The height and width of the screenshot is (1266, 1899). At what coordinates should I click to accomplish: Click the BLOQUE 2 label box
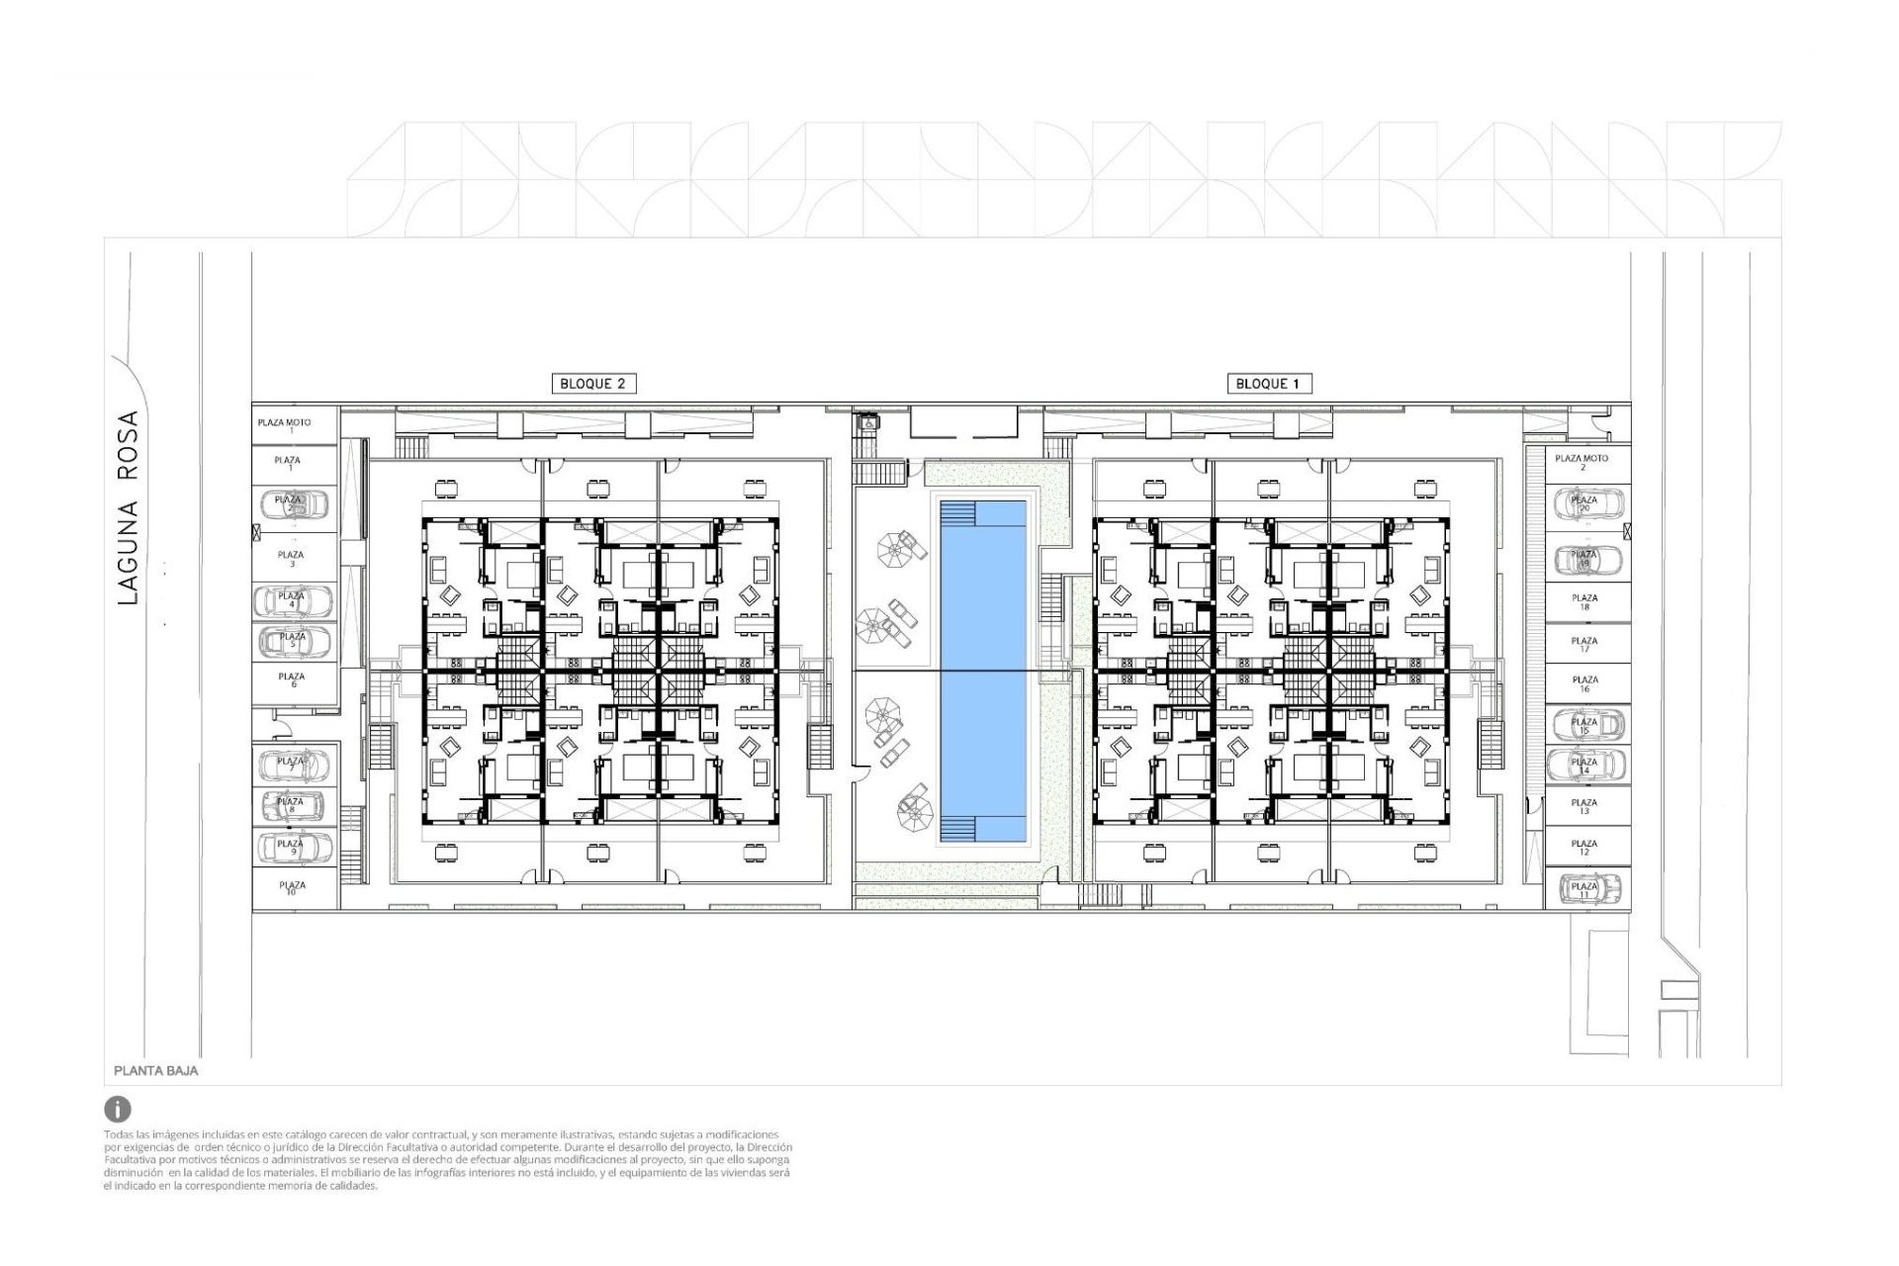pyautogui.click(x=592, y=384)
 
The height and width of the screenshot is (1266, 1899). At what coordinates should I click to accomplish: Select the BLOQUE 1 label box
pyautogui.click(x=1269, y=384)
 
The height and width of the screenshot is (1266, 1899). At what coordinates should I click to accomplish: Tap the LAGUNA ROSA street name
pyautogui.click(x=129, y=507)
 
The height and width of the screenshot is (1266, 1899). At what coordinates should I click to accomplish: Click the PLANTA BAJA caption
pyautogui.click(x=156, y=1070)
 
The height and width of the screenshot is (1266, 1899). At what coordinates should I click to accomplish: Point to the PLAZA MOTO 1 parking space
pyautogui.click(x=285, y=425)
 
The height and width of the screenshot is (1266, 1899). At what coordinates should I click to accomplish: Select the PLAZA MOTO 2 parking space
pyautogui.click(x=1582, y=462)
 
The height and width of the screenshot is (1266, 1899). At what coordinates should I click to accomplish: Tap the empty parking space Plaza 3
pyautogui.click(x=292, y=559)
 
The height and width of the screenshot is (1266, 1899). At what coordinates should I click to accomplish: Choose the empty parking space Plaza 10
pyautogui.click(x=292, y=888)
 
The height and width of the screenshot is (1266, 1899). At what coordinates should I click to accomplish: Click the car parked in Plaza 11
pyautogui.click(x=1585, y=888)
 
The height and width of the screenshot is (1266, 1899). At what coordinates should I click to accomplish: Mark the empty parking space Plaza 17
pyautogui.click(x=1584, y=644)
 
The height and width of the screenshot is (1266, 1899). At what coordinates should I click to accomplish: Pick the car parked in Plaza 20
pyautogui.click(x=1585, y=504)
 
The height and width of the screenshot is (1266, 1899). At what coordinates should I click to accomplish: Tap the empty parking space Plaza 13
pyautogui.click(x=1584, y=807)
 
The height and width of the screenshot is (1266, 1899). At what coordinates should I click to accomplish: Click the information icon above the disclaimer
pyautogui.click(x=117, y=1109)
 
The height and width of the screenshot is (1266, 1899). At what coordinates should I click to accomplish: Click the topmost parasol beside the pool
pyautogui.click(x=897, y=547)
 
